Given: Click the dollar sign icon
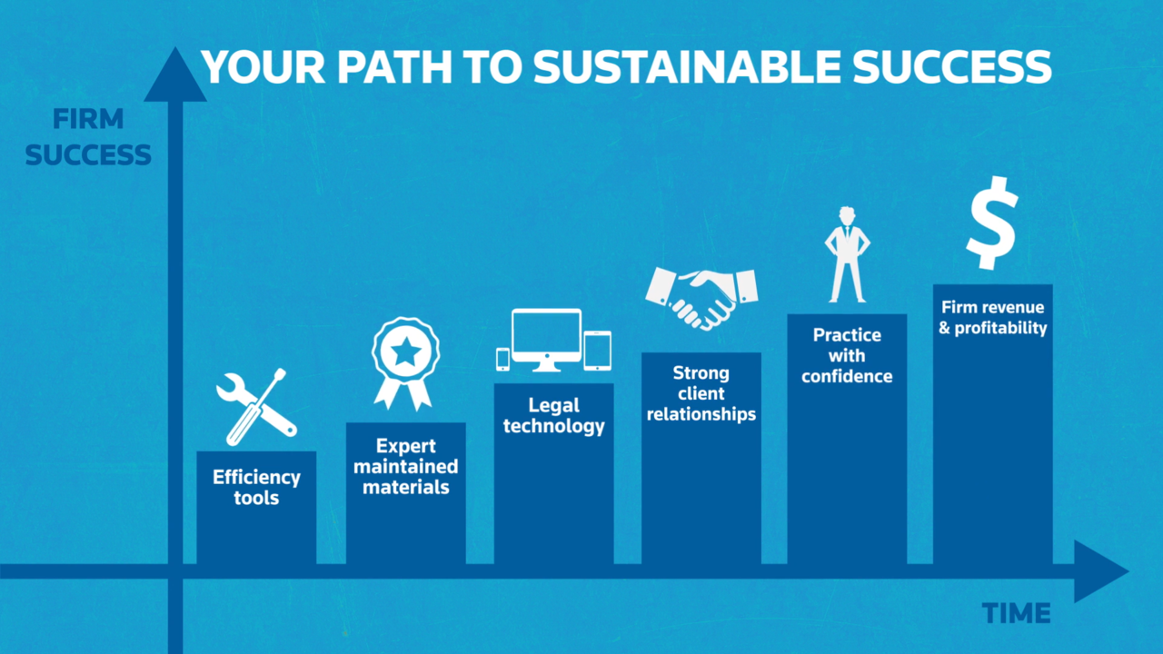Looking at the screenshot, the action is (x=992, y=223).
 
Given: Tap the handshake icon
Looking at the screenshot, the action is (x=701, y=299).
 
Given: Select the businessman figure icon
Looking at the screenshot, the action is (x=848, y=254).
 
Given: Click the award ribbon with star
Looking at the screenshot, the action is (x=405, y=363).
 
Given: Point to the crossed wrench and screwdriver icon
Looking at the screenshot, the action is (x=256, y=407).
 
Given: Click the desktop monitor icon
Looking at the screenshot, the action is (x=546, y=340).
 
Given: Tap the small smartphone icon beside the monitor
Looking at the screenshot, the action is (x=502, y=359).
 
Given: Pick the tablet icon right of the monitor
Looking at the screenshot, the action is (x=598, y=351).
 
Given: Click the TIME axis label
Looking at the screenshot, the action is (x=1016, y=613).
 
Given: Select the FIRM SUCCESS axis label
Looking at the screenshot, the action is (x=88, y=137).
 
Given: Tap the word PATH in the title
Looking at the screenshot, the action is (x=394, y=67).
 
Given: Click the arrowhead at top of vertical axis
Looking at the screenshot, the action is (x=175, y=74).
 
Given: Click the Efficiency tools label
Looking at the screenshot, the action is (x=256, y=488).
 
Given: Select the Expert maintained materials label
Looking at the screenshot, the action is (x=406, y=466).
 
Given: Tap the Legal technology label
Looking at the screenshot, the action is (x=554, y=415).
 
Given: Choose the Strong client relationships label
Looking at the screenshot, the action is (x=701, y=393).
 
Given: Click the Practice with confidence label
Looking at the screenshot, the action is (x=847, y=355).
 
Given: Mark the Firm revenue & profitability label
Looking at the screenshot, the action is (x=993, y=317).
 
